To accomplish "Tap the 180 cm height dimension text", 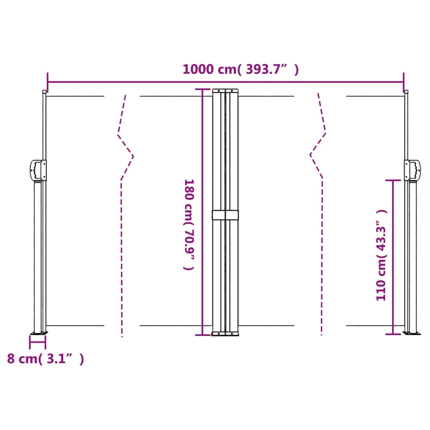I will [189, 224].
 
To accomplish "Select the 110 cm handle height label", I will [381, 255].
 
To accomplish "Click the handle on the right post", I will [412, 170].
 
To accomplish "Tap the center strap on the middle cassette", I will [225, 215].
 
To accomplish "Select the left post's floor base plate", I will [39, 334].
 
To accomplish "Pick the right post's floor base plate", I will [412, 333].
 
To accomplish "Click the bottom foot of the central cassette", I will [225, 334].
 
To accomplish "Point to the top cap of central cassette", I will [225, 90].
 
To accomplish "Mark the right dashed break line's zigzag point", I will [311, 155].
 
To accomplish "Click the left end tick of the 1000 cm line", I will [47, 82].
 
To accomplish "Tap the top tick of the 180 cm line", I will [203, 89].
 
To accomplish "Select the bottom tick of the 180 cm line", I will [203, 335].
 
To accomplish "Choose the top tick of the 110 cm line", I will [393, 180].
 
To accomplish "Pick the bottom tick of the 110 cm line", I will [393, 334].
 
